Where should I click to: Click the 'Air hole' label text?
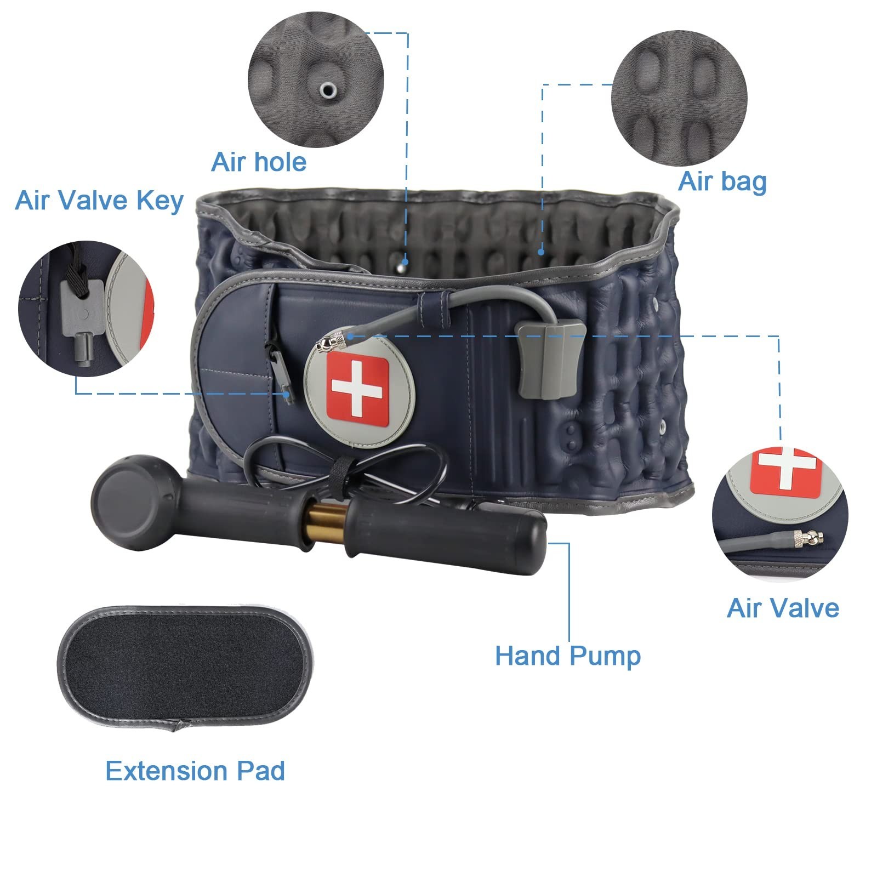click(x=259, y=162)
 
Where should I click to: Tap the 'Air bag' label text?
click(x=722, y=181)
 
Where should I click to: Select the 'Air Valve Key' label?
click(x=99, y=201)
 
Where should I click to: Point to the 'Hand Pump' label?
click(x=568, y=656)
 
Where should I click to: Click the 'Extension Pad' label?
click(x=195, y=771)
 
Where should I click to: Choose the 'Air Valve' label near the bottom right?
click(x=783, y=608)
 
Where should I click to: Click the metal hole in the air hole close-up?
click(x=328, y=90)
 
